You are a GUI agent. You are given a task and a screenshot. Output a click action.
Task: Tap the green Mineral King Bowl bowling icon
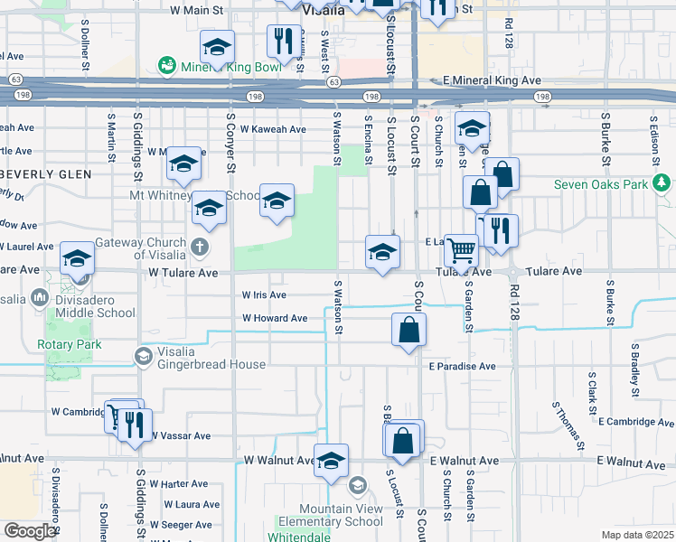click(x=166, y=65)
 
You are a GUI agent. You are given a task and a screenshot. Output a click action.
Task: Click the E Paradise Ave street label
click(x=463, y=366)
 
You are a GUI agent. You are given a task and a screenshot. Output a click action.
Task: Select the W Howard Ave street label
click(x=275, y=318)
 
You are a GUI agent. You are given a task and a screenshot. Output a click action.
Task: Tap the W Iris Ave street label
click(x=264, y=294)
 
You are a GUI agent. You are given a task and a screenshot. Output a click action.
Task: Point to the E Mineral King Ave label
click(x=492, y=80)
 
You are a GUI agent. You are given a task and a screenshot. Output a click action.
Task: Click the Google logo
click(x=29, y=531)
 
